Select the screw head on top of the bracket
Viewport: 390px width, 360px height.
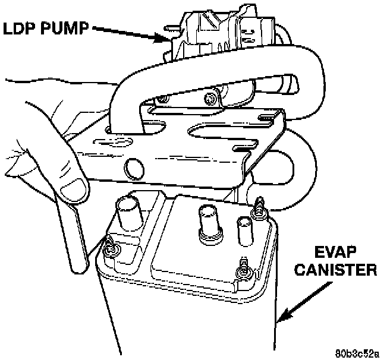tap(209, 97)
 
